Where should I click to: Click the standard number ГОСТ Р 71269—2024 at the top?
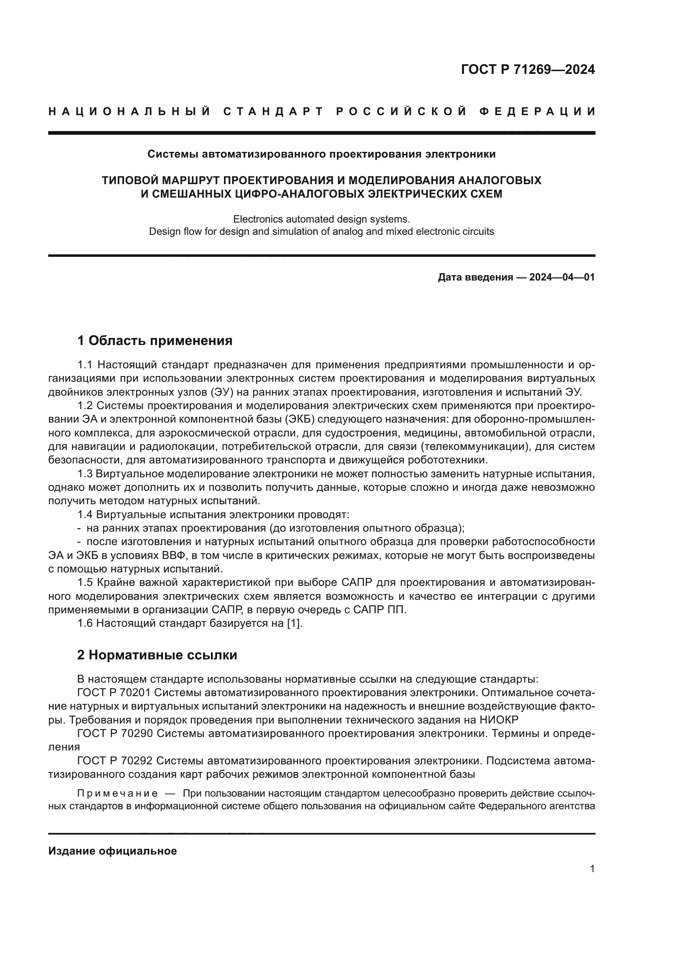(528, 69)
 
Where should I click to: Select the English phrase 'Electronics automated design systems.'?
(321, 219)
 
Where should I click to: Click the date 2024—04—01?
(562, 277)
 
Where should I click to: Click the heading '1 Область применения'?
(155, 341)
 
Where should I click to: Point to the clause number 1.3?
(85, 473)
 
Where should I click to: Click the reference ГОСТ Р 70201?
(114, 692)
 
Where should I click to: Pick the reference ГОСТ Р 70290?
(114, 733)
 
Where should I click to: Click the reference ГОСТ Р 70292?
(114, 761)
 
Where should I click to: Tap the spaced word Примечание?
(117, 793)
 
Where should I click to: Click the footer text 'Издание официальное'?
(112, 851)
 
